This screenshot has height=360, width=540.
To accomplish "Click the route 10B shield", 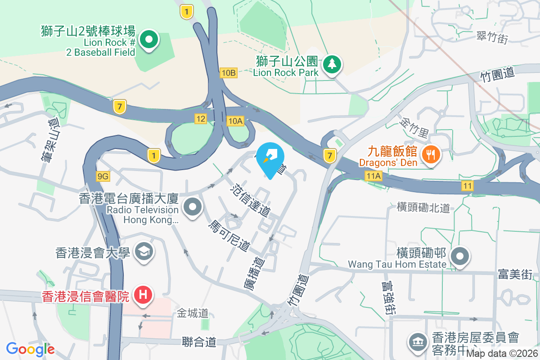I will pyautogui.click(x=229, y=72).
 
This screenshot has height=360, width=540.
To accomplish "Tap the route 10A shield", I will pyautogui.click(x=235, y=121).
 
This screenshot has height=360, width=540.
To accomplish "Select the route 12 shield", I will pyautogui.click(x=201, y=119).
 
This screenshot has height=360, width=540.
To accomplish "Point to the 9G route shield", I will pyautogui.click(x=103, y=176).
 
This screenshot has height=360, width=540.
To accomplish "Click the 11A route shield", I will pyautogui.click(x=373, y=176).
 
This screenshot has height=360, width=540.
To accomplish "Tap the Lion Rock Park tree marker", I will pyautogui.click(x=332, y=64).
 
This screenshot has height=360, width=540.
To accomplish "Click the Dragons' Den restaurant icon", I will pyautogui.click(x=431, y=155).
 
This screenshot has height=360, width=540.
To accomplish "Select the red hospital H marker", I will pyautogui.click(x=143, y=295).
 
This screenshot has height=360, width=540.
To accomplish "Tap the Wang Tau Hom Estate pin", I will pyautogui.click(x=460, y=256).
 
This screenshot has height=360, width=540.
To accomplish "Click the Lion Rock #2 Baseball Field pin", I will pyautogui.click(x=148, y=40).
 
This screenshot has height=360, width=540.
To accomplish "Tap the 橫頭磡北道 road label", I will pyautogui.click(x=423, y=207).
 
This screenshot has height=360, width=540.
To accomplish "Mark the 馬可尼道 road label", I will pyautogui.click(x=229, y=236).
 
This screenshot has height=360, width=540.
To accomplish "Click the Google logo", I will pyautogui.click(x=30, y=349).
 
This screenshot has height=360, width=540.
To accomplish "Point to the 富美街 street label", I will pyautogui.click(x=515, y=274).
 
